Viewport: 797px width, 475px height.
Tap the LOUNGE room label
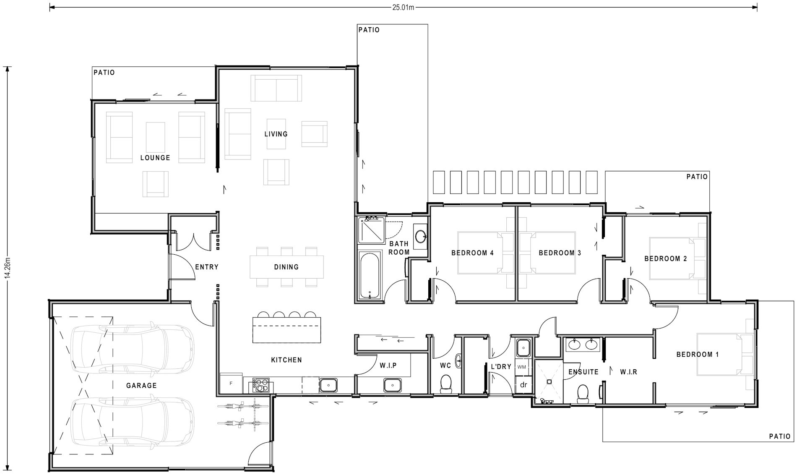point(155,158)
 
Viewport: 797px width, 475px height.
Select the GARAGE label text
point(141,385)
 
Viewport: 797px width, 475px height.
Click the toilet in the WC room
point(445,384)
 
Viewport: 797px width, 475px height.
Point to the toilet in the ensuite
point(583,394)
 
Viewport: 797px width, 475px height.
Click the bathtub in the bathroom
point(370,275)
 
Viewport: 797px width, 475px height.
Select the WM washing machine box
point(522,367)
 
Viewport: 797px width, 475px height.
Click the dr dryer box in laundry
point(523,384)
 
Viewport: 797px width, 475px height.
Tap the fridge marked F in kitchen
point(231,383)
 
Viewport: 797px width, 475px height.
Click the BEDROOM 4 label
point(472,253)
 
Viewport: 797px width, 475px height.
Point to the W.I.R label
point(628,372)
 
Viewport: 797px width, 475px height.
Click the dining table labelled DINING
point(287,267)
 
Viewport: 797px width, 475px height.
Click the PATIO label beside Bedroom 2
point(697,177)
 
